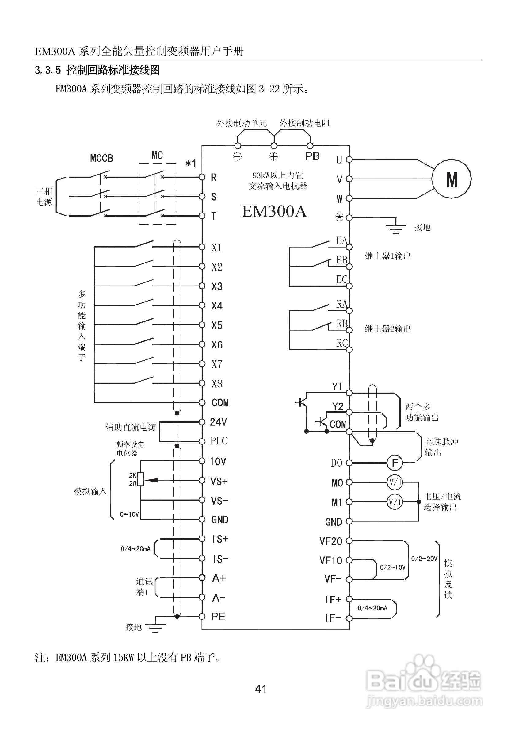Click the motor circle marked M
coord(452,179)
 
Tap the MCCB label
coord(101,158)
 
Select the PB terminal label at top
coord(312,156)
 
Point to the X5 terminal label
coord(217,325)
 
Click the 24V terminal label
coord(218,422)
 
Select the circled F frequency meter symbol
coord(395,463)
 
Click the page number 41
coord(261,689)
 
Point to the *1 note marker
coord(191,164)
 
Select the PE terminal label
coord(218,617)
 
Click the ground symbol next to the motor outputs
coord(395,227)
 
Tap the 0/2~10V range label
coord(393,567)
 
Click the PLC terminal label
coord(219,441)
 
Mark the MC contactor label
coord(157,155)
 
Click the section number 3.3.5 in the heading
coord(48,70)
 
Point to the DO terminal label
coord(336,463)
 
